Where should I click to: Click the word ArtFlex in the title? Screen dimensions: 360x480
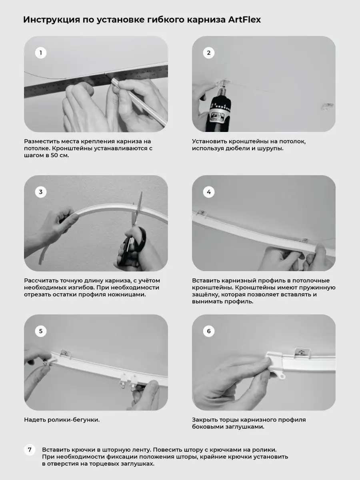coord(244,20)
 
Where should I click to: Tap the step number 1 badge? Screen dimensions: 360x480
coord(41,53)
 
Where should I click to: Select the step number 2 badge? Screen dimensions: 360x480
coord(209,53)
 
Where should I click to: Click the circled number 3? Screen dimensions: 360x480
coord(41,192)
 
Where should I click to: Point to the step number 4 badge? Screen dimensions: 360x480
coord(209,192)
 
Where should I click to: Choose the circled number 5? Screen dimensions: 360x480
coord(41,331)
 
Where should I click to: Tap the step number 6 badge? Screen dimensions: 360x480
coord(209,331)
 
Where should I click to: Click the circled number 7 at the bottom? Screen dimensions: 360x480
coord(30,450)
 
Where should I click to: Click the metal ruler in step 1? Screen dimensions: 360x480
coord(96,80)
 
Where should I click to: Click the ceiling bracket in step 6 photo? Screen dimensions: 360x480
coord(302,352)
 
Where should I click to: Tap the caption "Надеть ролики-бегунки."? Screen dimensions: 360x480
coord(62,420)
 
